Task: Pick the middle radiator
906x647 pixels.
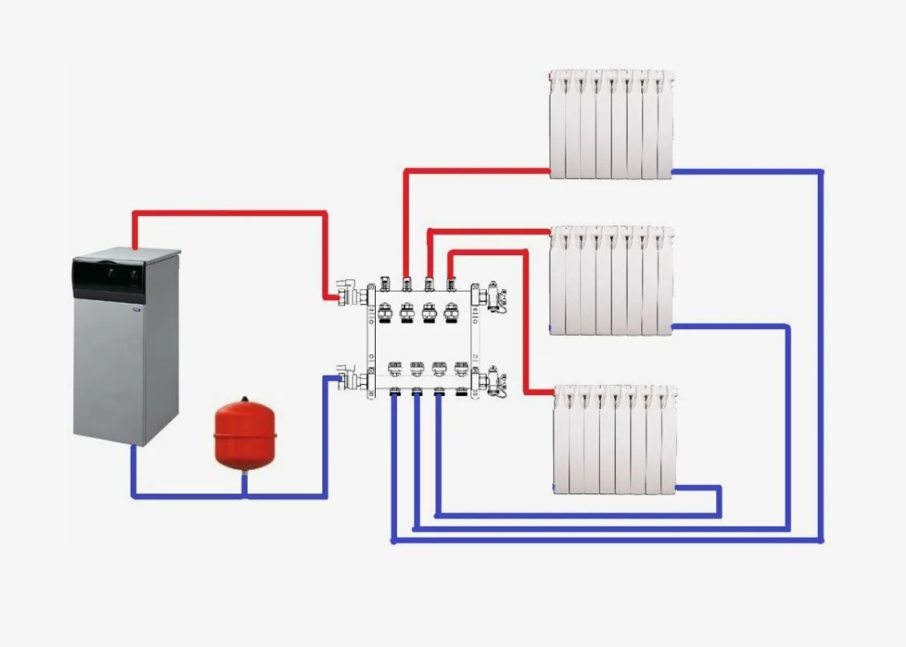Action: (611, 280)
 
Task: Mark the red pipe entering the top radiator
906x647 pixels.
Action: (475, 171)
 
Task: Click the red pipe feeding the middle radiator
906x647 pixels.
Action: (488, 231)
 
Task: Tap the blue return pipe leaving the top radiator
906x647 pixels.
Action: (747, 172)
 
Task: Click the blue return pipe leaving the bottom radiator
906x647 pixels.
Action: (700, 488)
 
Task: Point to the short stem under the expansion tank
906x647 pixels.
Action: (244, 481)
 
